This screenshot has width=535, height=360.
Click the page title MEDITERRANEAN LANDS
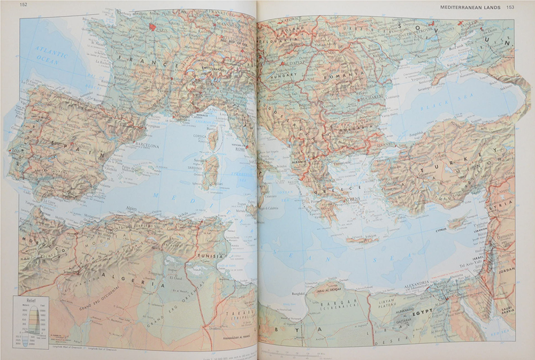[471, 7]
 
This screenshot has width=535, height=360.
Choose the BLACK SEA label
[444, 108]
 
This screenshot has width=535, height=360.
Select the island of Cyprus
[456, 221]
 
